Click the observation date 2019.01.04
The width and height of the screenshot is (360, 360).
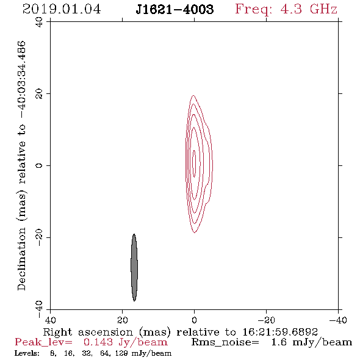(62, 9)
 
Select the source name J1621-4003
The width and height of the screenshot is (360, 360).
(175, 10)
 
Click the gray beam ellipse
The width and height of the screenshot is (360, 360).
(134, 267)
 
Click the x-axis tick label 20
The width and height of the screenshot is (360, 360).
(123, 320)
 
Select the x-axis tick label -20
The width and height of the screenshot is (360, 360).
(266, 320)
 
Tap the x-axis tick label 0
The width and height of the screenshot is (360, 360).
(195, 320)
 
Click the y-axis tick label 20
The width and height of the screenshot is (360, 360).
(39, 94)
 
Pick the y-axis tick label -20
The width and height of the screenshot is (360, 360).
(39, 237)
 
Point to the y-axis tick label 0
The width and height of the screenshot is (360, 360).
(39, 165)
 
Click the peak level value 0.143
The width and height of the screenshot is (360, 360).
(98, 342)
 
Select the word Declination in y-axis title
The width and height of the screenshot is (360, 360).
(21, 259)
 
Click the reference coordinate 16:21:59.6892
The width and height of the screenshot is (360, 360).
(280, 332)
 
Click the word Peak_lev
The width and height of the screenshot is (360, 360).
(43, 342)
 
